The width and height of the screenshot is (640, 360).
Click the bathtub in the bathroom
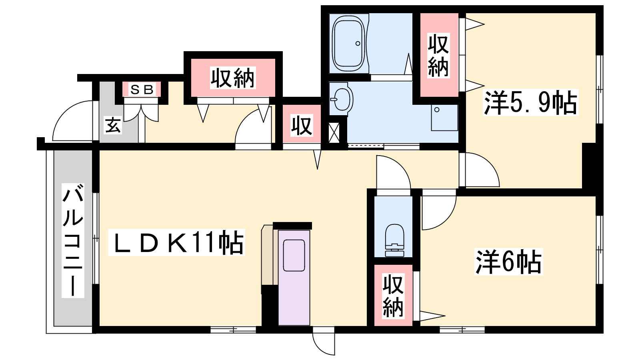coord(349,44)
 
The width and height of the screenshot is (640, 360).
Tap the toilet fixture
coord(394,240)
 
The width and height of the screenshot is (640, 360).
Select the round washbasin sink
coord(342,99)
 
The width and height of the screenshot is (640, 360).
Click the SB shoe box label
coord(142,90)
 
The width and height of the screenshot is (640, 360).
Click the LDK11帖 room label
coord(177,242)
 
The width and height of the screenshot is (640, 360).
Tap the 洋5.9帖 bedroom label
coord(530,102)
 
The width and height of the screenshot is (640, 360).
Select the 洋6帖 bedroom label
coord(508,262)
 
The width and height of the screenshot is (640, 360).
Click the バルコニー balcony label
coord(73,240)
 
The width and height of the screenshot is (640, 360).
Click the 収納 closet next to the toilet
coord(394,295)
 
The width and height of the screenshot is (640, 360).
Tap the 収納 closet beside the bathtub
coord(439,55)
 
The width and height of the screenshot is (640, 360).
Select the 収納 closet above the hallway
coord(233,78)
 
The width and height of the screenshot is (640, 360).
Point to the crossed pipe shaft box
coord(334,132)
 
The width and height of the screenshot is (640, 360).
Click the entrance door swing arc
coord(72,120)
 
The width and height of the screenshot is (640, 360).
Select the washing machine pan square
coord(444,118)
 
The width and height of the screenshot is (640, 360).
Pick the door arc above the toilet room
coord(394,172)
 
